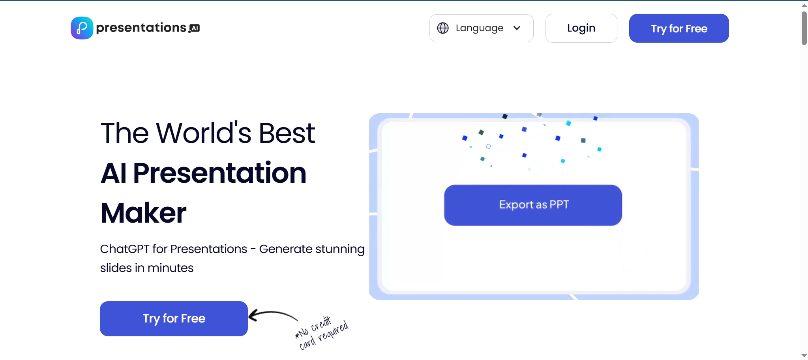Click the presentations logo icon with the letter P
[82, 28]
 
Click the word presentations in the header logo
[141, 28]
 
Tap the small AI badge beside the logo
[194, 28]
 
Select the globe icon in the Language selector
[443, 28]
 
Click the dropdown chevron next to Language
[517, 28]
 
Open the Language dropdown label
[480, 28]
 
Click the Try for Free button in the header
[679, 28]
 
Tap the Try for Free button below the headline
[174, 319]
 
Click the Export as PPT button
[533, 205]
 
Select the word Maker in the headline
[143, 213]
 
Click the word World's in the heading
[204, 133]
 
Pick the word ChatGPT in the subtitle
[125, 249]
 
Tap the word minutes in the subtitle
[171, 268]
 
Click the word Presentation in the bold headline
[219, 173]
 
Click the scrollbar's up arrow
[804, 6]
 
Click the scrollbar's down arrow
[804, 356]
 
